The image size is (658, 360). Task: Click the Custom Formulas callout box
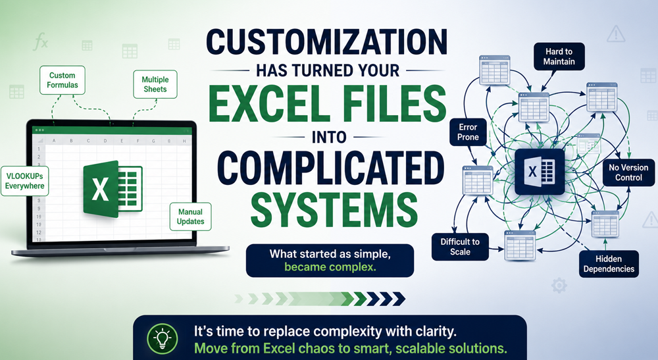pos(63,80)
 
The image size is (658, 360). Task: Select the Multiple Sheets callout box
pos(155,84)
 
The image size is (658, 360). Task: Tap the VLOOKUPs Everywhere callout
pos(25,181)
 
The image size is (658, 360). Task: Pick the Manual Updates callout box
pos(191,217)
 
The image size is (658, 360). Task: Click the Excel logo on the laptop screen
pos(113,189)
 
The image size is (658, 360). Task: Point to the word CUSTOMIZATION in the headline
pos(327,42)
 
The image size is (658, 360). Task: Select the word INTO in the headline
pos(329,137)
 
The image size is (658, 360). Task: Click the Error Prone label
pos(468,132)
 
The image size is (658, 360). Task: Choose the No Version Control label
pos(628,172)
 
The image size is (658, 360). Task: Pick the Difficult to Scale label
pos(460,247)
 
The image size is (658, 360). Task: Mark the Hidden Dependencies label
pos(609,264)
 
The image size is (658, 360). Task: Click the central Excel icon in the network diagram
pos(540,171)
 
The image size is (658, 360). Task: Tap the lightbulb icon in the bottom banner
pos(162,338)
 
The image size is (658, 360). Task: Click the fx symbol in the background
pos(41,42)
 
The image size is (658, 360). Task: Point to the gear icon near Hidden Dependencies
pos(559,286)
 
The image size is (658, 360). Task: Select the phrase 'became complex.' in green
pos(330,267)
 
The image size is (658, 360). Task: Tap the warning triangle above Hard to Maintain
pos(616,34)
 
